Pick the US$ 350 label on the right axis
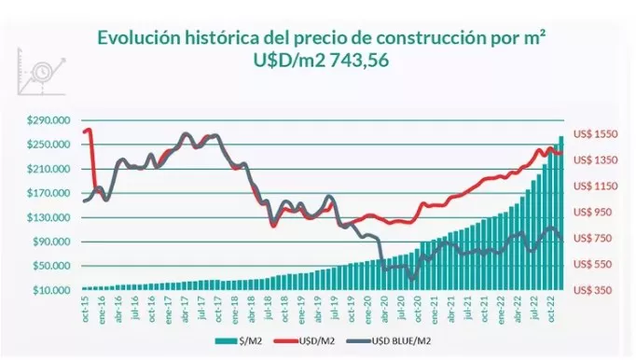coord(594,291)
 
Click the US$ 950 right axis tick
coord(594,213)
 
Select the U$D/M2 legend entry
coord(313,341)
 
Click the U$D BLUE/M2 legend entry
coord(400,341)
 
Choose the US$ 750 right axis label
coord(594,239)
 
